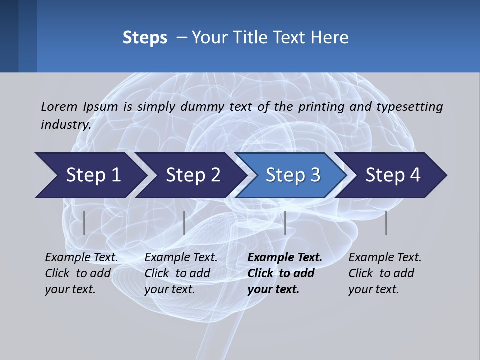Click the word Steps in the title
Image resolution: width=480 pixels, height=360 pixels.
pyautogui.click(x=145, y=38)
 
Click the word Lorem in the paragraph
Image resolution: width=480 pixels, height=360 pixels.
pyautogui.click(x=59, y=106)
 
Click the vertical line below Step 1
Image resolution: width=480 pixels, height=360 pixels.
pyautogui.click(x=84, y=223)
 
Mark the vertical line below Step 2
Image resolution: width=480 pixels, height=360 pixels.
pyautogui.click(x=184, y=223)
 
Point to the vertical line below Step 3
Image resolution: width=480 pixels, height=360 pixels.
pyautogui.click(x=285, y=223)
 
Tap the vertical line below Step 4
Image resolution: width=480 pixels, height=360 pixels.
pyautogui.click(x=386, y=223)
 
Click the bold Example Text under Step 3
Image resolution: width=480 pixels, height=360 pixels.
pyautogui.click(x=285, y=258)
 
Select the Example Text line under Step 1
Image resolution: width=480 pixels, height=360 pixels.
pyautogui.click(x=81, y=258)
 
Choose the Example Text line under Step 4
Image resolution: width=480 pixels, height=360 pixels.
pyautogui.click(x=385, y=258)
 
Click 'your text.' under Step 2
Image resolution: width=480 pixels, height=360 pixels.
pyautogui.click(x=170, y=289)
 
